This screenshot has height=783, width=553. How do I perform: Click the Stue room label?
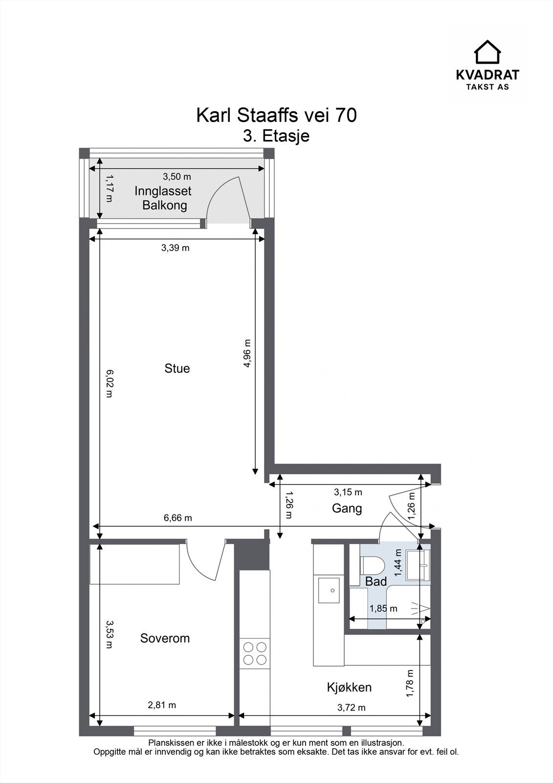click(177, 368)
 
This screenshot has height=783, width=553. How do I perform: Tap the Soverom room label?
click(165, 638)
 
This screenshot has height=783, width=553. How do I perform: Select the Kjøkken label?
click(349, 687)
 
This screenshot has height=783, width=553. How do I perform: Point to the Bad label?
click(376, 582)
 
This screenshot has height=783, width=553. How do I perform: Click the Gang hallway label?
click(347, 508)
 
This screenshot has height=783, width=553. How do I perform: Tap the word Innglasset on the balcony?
click(163, 191)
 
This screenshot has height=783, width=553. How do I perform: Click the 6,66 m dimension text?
click(178, 518)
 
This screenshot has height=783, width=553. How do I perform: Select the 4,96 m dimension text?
click(247, 353)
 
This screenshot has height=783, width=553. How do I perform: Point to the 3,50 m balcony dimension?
click(177, 177)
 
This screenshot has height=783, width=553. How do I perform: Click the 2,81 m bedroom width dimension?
click(162, 705)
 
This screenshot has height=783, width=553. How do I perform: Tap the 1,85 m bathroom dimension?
click(383, 609)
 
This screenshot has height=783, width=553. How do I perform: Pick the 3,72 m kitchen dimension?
click(351, 708)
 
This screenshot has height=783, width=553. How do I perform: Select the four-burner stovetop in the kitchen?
click(255, 654)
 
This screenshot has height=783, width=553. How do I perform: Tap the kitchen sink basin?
click(329, 590)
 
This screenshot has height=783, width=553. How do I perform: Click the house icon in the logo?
click(487, 52)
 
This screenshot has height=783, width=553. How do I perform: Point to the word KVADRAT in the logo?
click(487, 75)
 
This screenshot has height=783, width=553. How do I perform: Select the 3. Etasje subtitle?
click(276, 136)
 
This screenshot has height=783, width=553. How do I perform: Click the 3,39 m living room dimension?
click(175, 248)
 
